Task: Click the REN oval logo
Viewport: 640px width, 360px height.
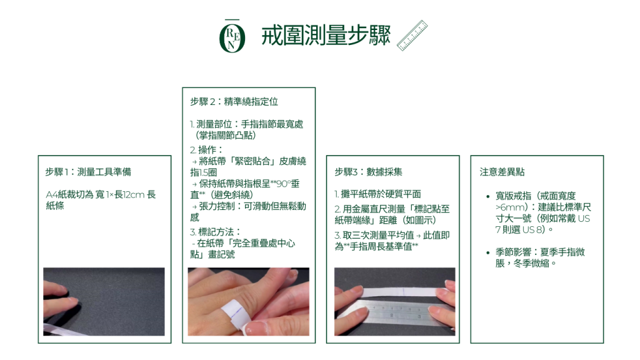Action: tap(232, 36)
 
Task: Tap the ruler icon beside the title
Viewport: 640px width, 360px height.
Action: tap(412, 36)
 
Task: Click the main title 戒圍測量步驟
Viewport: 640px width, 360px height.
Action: tap(326, 35)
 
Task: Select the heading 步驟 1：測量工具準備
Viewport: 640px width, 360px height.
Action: tap(88, 172)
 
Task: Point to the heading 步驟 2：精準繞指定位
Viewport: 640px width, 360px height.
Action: tap(234, 102)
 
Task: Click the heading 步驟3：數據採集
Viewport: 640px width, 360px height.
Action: tap(368, 172)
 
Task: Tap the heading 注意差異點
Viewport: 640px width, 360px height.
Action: tap(502, 172)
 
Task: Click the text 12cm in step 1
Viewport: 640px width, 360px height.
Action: tap(134, 195)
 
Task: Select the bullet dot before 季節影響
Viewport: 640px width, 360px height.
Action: tap(487, 252)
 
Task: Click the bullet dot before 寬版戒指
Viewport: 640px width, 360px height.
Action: tap(487, 196)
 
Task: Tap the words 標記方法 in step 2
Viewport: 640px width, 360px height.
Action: tap(216, 232)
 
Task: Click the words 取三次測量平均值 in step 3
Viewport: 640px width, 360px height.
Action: tap(378, 235)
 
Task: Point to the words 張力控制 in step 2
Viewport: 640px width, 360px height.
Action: tap(217, 206)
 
